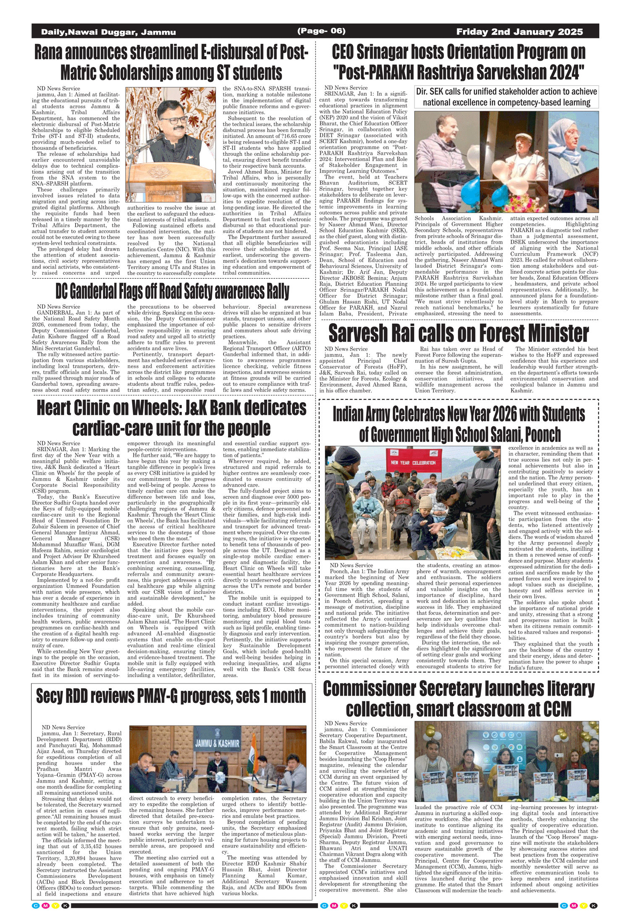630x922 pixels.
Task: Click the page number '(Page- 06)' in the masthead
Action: (321, 31)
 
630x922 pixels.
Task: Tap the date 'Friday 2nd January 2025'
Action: (520, 32)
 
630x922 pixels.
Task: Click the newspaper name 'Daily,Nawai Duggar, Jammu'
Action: (108, 32)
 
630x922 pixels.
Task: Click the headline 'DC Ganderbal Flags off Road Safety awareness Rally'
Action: (172, 291)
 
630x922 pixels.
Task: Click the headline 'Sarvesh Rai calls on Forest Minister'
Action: (458, 333)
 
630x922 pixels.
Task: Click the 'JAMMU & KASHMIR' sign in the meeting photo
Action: (217, 744)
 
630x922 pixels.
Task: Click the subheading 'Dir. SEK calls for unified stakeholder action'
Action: (506, 97)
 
